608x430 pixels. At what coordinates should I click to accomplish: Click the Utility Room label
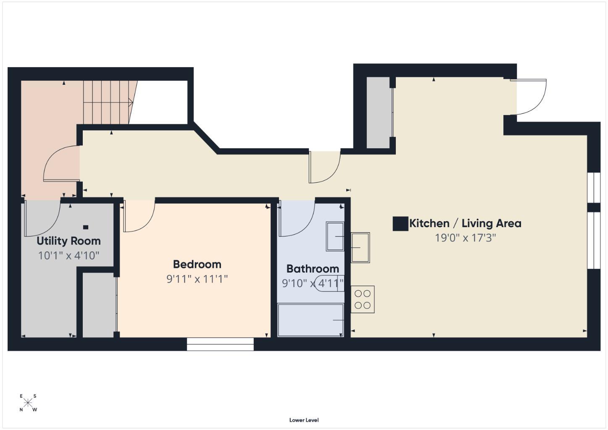tap(68, 241)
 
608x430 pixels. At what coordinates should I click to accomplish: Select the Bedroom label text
tap(197, 264)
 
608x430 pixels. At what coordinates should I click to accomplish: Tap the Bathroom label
tap(313, 269)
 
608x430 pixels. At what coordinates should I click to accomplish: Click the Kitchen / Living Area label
tap(465, 223)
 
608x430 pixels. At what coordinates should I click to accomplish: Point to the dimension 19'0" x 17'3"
tap(465, 238)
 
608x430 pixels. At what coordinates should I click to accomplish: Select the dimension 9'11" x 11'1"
tap(197, 279)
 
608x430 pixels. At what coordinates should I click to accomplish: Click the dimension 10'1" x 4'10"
tap(68, 255)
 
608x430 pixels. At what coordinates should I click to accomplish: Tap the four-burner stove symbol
tap(363, 299)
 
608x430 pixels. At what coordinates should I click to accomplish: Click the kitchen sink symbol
tap(361, 247)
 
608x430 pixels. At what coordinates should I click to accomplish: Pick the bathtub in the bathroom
tap(311, 320)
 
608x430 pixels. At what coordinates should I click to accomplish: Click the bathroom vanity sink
tap(335, 237)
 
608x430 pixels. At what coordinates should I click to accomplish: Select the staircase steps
tap(108, 102)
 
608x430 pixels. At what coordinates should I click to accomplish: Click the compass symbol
tap(28, 403)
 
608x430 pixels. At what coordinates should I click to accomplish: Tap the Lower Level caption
tap(304, 420)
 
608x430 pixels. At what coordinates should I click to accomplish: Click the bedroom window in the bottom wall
tap(220, 344)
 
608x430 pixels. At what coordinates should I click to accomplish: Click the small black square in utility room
tap(86, 227)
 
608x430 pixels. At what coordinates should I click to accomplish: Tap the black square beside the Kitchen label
tap(400, 224)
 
